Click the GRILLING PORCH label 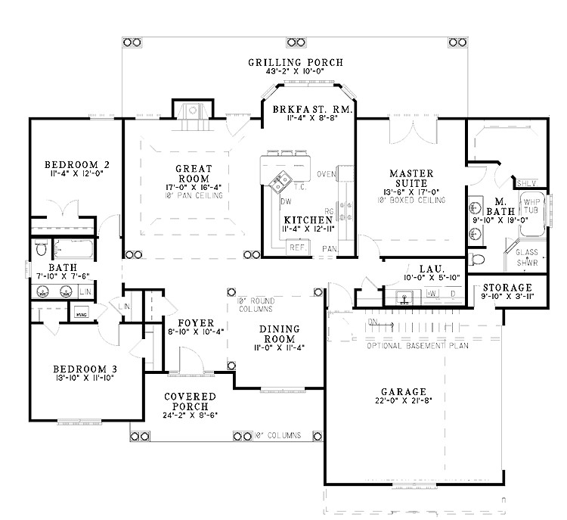coord(295,62)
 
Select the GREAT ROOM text coord(193,173)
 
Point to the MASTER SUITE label coord(411,178)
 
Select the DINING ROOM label coord(280,334)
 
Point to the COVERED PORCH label coord(190,403)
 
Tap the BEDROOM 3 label coord(82,370)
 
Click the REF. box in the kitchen coord(296,247)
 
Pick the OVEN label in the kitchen coord(327,175)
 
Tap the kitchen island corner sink coord(278,181)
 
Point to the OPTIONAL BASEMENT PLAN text coord(417,346)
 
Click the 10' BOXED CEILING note coord(412,200)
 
